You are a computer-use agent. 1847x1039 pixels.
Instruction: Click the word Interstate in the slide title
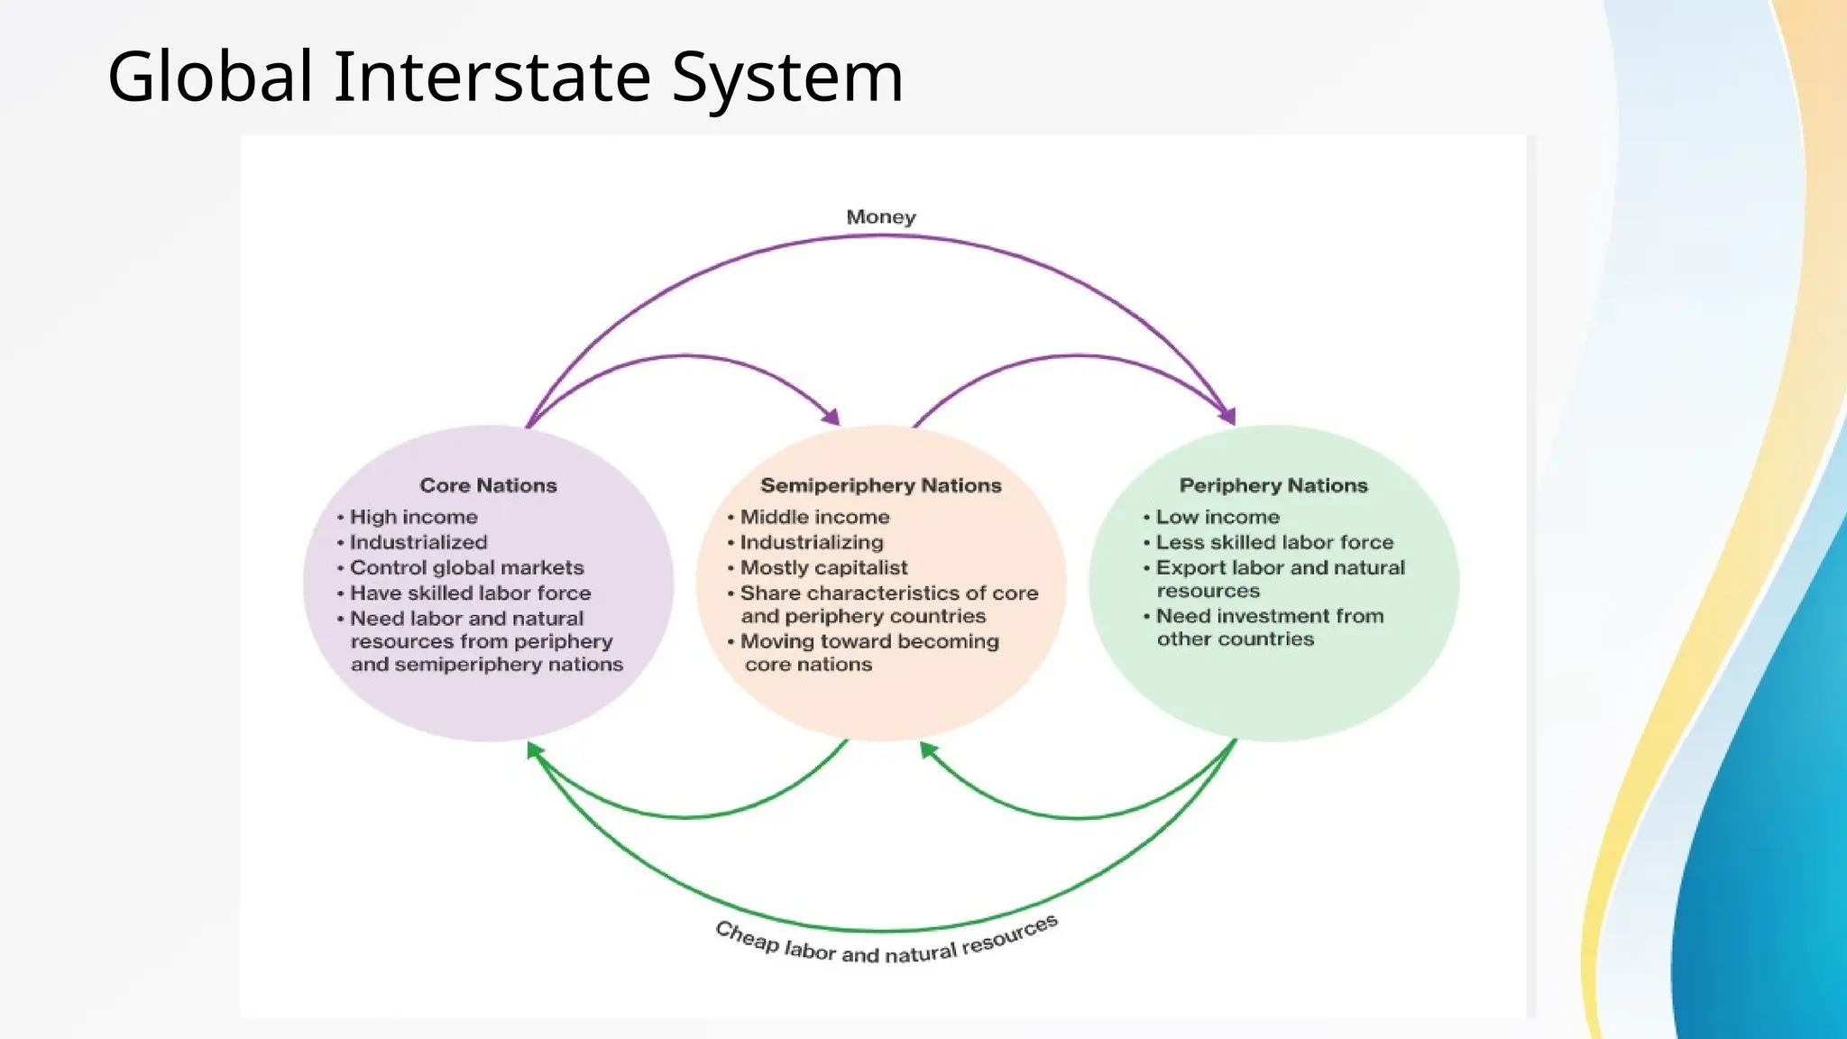[492, 78]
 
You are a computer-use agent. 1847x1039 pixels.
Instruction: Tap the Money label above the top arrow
[880, 217]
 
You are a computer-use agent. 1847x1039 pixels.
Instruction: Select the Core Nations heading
[488, 485]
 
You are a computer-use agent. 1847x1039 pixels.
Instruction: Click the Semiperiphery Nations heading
[880, 485]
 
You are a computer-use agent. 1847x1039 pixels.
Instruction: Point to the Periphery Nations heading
[1273, 485]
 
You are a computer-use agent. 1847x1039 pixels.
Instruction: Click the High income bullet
[413, 517]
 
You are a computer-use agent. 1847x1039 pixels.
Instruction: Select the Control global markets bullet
[466, 567]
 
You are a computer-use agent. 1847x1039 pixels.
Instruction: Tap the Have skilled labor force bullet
[470, 593]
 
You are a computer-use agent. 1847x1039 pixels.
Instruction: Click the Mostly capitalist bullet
[823, 567]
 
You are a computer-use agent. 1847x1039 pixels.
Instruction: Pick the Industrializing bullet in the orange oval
[812, 542]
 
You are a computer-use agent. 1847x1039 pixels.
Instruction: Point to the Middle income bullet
[814, 517]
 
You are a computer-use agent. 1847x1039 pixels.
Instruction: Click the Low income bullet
[1218, 517]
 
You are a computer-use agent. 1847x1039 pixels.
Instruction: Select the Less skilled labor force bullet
[1274, 542]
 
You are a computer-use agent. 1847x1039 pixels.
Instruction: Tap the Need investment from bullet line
[1270, 616]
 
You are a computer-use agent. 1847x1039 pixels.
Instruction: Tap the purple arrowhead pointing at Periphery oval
[1227, 415]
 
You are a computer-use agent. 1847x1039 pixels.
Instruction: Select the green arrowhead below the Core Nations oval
[534, 749]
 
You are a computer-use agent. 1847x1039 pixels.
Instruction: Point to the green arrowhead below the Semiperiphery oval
[927, 749]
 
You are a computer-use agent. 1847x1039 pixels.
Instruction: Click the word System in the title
[786, 78]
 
